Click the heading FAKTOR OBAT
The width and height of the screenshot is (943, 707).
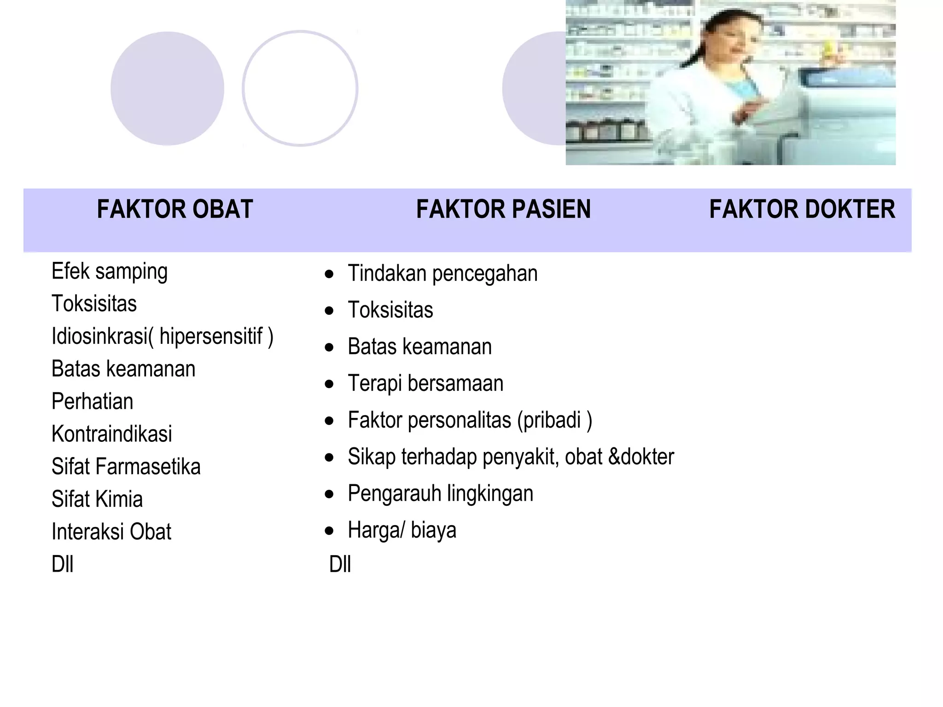(175, 209)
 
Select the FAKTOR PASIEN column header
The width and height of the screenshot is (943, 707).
(503, 209)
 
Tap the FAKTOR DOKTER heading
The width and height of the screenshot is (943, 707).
(802, 209)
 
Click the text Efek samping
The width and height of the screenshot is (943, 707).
(110, 272)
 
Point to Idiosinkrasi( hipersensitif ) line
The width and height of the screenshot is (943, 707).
(163, 336)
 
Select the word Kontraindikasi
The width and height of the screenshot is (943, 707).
(112, 434)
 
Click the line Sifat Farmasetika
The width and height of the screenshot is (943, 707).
(126, 467)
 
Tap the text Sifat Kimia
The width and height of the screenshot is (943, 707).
(97, 499)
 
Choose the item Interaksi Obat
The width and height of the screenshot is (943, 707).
(111, 532)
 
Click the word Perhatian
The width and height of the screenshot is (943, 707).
(93, 401)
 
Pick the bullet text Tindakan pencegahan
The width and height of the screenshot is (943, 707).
(442, 273)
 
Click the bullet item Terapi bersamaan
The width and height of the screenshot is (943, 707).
(425, 383)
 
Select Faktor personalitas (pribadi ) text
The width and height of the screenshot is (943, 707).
(470, 420)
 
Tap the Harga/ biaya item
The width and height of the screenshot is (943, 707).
(402, 530)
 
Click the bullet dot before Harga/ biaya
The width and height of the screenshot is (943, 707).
(329, 531)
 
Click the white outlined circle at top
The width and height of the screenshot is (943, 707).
(300, 88)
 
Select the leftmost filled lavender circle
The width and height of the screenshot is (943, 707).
(167, 88)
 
